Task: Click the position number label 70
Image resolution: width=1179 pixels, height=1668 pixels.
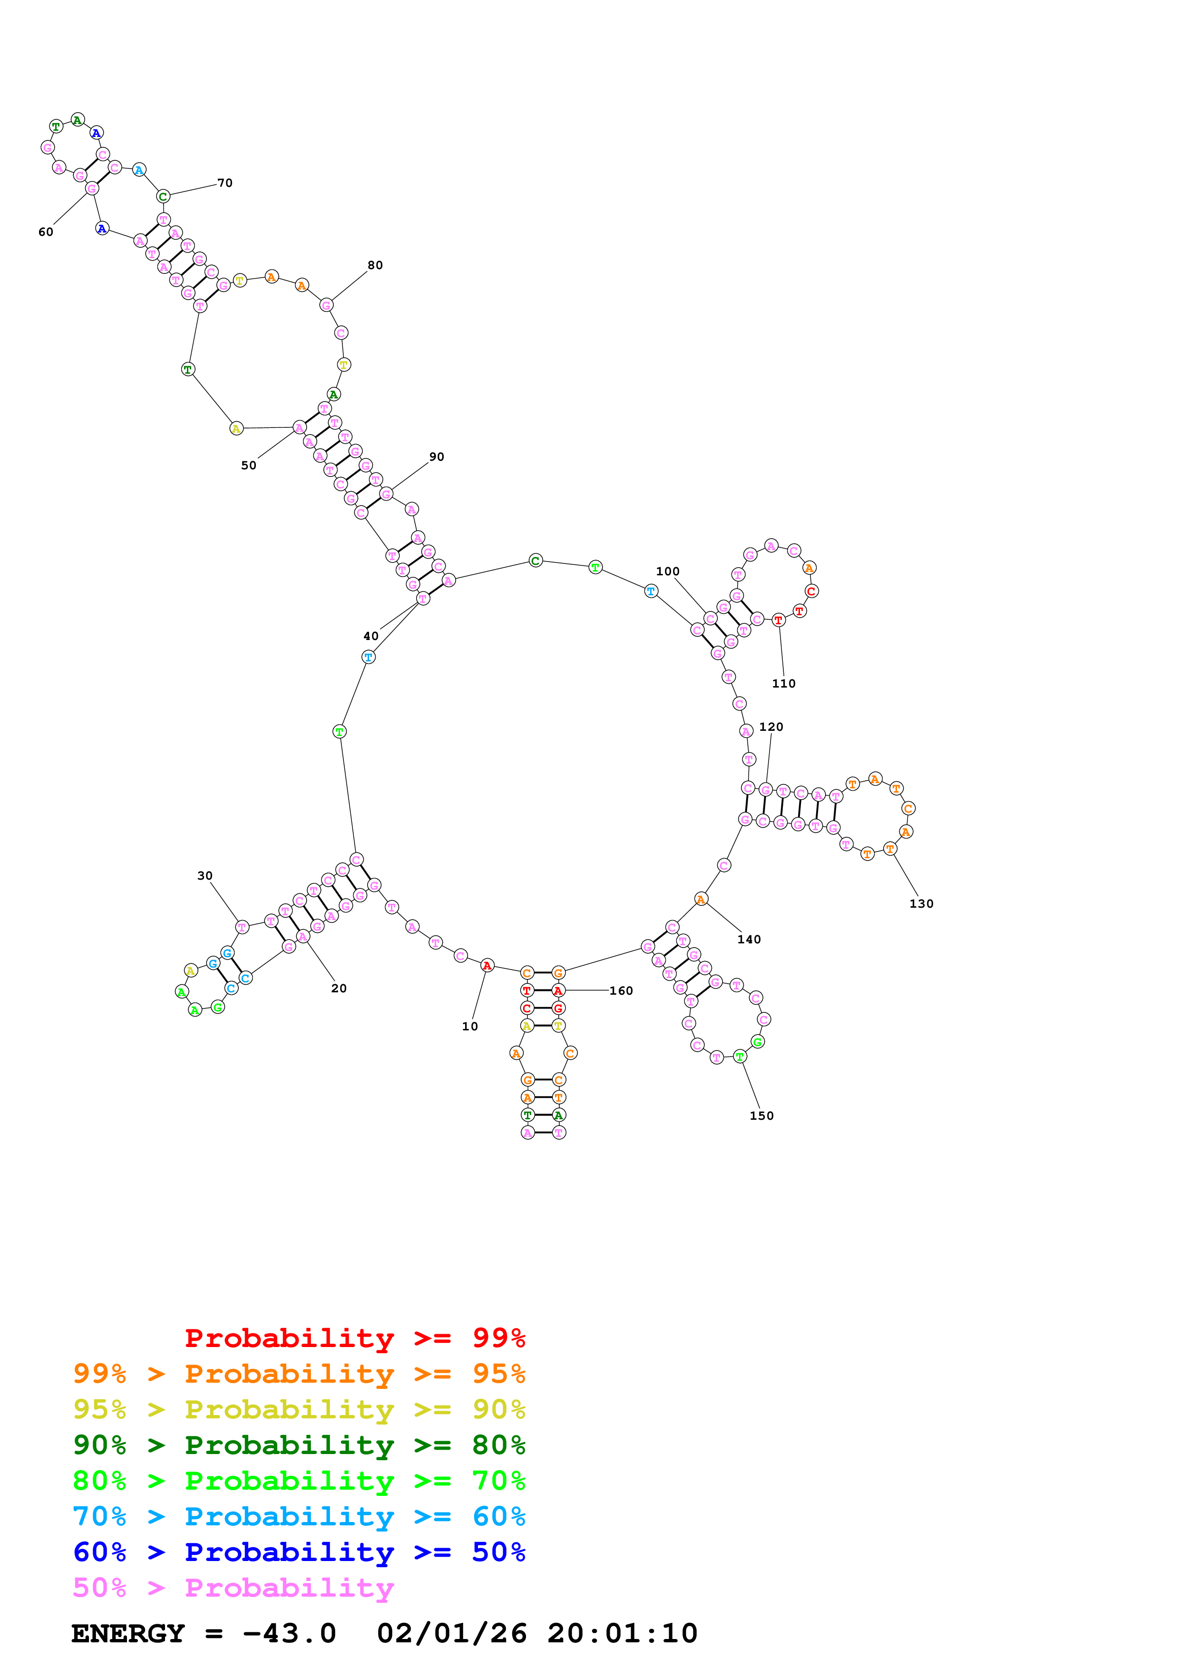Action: coord(225,183)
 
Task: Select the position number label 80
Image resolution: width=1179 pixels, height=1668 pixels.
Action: coord(375,265)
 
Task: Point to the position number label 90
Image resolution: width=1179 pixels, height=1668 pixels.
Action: coord(437,457)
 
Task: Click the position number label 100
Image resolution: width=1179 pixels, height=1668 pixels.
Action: coord(668,572)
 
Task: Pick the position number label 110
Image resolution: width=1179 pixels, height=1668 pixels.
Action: coord(784,684)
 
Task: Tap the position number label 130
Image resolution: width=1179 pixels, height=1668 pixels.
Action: coord(921,904)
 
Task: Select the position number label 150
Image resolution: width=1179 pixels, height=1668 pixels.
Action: coord(761,1116)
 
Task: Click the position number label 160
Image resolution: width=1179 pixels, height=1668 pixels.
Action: coord(621,991)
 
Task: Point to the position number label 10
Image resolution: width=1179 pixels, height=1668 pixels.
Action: coord(470,1027)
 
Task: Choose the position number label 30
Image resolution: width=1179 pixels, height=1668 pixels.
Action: coord(205,876)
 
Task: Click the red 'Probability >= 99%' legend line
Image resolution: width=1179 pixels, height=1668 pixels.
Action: coord(354,1338)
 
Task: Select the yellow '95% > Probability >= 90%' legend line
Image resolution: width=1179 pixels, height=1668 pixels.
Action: coord(299,1409)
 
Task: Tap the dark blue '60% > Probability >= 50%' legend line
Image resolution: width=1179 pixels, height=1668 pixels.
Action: coord(299,1552)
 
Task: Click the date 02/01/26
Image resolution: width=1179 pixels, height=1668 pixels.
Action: coord(452,1634)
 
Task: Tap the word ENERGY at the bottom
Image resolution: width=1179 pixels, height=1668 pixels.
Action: coord(128,1634)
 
